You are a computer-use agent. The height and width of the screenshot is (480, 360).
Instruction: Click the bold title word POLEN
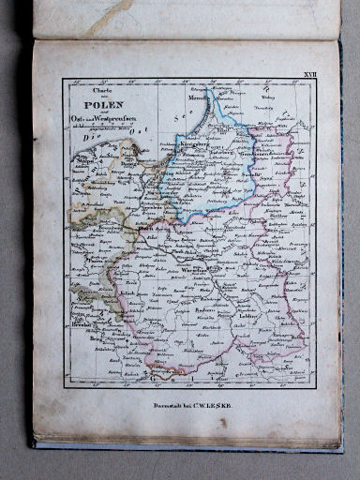(x=98, y=105)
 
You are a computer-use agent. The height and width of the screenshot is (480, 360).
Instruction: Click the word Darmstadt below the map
(x=151, y=405)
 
